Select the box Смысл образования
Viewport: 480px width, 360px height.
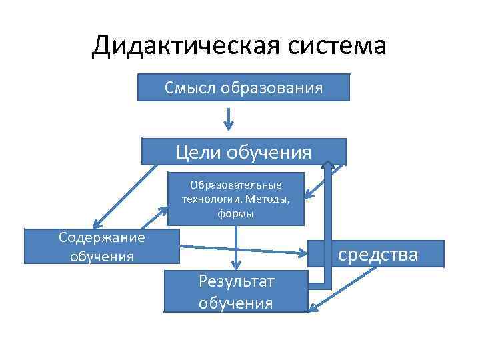point(243,87)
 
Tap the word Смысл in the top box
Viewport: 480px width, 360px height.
point(186,87)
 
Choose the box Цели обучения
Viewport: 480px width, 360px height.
point(243,151)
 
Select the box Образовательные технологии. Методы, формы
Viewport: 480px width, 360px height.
point(236,199)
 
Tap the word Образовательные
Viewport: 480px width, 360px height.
point(236,184)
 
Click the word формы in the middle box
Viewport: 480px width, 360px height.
point(235,213)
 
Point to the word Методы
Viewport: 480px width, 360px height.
point(267,199)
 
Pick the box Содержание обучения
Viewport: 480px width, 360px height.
point(101,246)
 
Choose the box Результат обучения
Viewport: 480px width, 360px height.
point(236,292)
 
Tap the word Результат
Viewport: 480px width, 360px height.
point(236,281)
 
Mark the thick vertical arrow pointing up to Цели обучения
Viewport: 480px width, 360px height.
point(329,220)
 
